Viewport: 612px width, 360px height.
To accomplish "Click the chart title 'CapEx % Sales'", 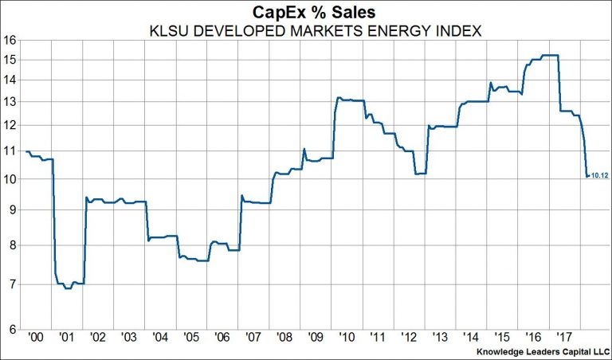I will coord(306,12).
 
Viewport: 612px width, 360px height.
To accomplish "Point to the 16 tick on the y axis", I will coord(10,39).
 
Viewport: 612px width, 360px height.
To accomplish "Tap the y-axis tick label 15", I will coord(10,60).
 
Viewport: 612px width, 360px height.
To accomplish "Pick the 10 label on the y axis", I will coord(10,179).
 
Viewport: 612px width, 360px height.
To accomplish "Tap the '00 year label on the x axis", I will coord(36,338).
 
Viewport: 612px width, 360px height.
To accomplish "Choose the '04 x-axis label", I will coord(159,338).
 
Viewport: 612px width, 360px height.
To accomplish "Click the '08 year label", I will coord(284,338).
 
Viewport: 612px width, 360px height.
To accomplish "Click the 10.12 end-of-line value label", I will coord(599,176).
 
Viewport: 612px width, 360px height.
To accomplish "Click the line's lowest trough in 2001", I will coord(68,288).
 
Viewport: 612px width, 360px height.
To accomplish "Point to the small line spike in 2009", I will coord(304,149).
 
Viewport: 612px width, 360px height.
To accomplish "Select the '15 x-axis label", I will coord(503,338).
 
